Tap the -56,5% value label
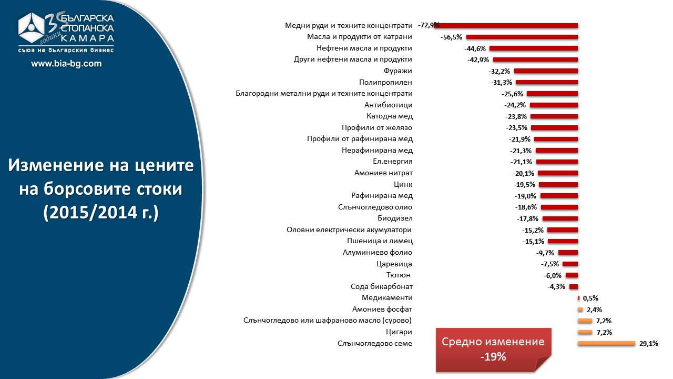click(x=451, y=37)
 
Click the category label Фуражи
click(x=399, y=71)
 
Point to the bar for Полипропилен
click(x=547, y=83)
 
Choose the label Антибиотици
click(x=388, y=105)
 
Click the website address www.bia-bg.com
click(x=66, y=64)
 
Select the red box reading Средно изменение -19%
click(x=493, y=349)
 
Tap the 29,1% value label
click(x=649, y=344)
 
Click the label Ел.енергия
click(x=392, y=162)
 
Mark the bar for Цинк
click(x=558, y=185)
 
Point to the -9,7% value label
click(x=545, y=253)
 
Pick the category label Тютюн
click(x=399, y=275)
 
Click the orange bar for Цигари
click(x=585, y=332)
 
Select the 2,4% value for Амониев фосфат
click(x=594, y=310)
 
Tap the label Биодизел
click(x=395, y=218)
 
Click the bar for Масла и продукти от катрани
click(x=522, y=37)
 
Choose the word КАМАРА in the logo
click(x=87, y=38)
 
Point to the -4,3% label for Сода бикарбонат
click(x=556, y=287)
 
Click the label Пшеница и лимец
click(x=380, y=241)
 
